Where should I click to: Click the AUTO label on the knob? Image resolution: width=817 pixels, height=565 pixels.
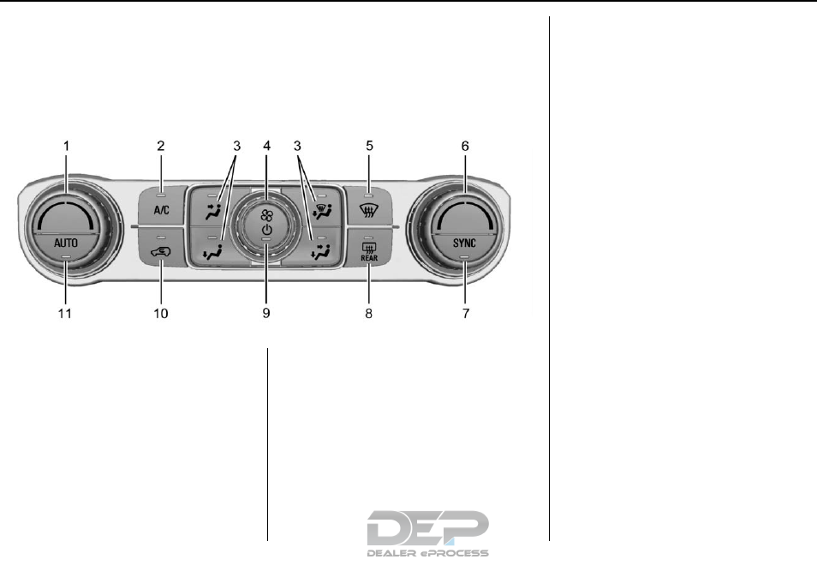coord(66,243)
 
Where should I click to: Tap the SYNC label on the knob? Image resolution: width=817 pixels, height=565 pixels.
coord(465,243)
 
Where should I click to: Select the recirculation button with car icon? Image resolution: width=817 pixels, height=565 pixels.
coord(161,249)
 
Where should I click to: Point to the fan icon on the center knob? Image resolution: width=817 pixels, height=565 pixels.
coord(266,216)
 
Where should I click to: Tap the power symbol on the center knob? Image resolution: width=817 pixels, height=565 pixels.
coord(266,231)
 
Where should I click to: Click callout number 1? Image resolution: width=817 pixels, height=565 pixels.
coord(66,146)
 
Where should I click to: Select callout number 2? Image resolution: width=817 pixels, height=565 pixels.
coord(161,146)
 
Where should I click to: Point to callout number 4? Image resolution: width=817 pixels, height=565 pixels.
coord(267,146)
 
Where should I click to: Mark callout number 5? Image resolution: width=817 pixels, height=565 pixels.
coord(369,146)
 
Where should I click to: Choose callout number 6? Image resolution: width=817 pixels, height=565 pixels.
coord(465,146)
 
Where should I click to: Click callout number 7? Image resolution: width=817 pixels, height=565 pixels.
coord(466,314)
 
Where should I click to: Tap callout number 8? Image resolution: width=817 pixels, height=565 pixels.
coord(369,314)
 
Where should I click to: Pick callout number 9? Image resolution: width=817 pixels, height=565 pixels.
coord(266,314)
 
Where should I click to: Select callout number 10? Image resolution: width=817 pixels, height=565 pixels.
coord(161,314)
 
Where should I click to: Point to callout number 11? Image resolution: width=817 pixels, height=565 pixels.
coord(65,314)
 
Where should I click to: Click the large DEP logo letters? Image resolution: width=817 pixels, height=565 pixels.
coord(427,527)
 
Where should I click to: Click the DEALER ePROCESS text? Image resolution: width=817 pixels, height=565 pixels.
coord(427,553)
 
